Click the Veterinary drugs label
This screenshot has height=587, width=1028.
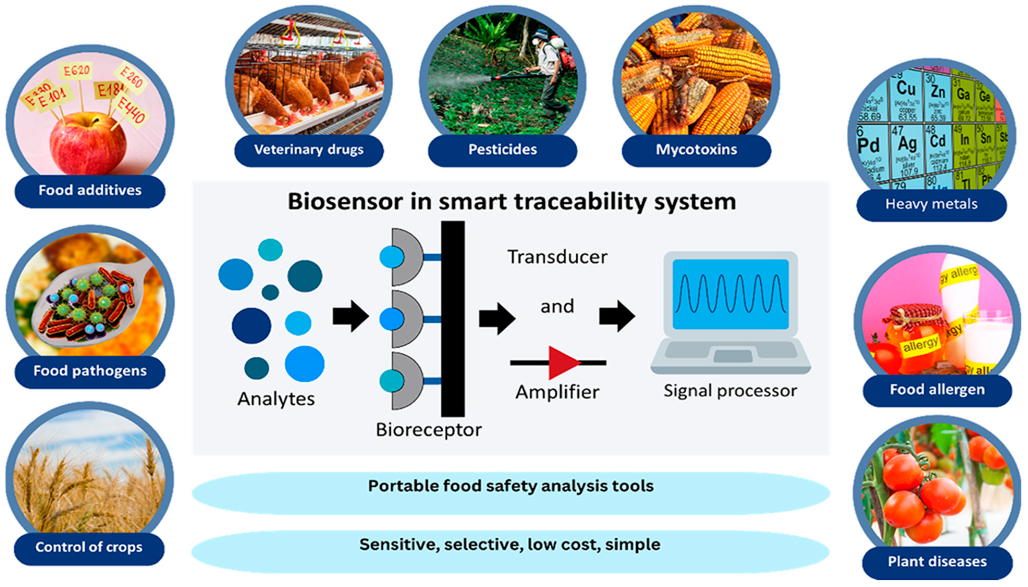click(308, 150)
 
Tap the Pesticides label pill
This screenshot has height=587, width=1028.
click(502, 150)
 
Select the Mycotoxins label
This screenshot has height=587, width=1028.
click(696, 150)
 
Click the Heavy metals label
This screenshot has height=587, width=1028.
click(931, 204)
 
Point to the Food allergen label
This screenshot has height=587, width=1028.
click(937, 390)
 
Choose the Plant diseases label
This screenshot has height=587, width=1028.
click(937, 561)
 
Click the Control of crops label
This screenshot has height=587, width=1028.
click(89, 548)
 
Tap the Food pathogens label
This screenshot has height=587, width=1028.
click(90, 371)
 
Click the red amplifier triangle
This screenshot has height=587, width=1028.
click(563, 363)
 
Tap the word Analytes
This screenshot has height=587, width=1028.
click(276, 399)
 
